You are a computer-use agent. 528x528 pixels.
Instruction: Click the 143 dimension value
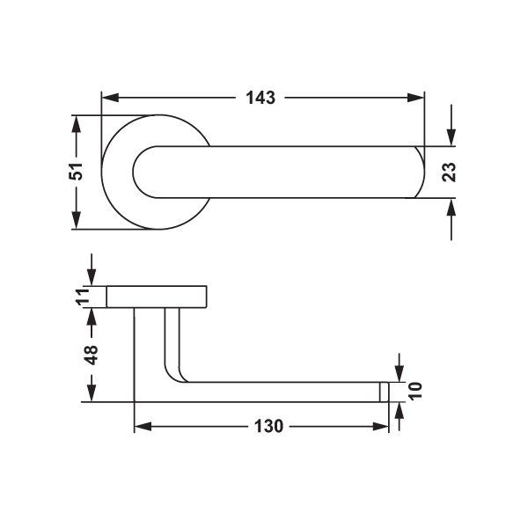point(260,98)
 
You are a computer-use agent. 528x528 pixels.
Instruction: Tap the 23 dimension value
point(449,172)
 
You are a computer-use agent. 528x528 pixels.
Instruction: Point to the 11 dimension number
point(83,297)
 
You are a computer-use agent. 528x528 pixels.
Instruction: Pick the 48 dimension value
point(91,355)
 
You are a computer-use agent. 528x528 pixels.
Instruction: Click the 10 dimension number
point(415,391)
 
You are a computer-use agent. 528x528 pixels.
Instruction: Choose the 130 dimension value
point(268,426)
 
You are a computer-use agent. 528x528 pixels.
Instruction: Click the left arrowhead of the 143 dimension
point(110,98)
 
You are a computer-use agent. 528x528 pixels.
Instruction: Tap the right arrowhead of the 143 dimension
point(415,98)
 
